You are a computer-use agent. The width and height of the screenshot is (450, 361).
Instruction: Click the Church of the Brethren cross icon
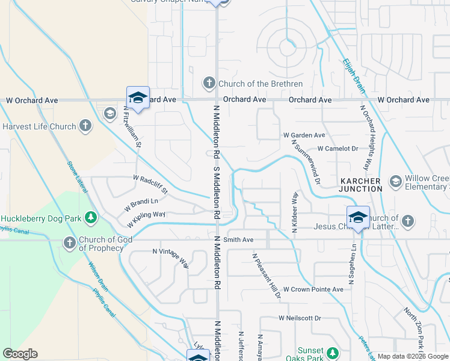(x=209, y=83)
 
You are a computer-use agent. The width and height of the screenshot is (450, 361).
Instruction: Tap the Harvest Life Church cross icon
(x=85, y=126)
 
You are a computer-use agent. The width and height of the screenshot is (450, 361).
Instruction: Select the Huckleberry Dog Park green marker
(x=90, y=218)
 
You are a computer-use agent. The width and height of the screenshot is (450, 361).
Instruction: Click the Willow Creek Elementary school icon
(x=395, y=181)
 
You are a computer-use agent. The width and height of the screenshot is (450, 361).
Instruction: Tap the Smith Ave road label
(x=239, y=239)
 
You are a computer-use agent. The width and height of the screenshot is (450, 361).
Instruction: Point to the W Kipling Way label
(x=146, y=218)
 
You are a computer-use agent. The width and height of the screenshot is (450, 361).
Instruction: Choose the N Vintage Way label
(x=171, y=258)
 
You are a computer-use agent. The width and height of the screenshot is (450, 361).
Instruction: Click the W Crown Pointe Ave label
(x=313, y=289)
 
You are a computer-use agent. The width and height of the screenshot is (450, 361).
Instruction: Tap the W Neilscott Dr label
(x=300, y=318)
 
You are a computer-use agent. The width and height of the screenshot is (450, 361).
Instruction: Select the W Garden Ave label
(x=304, y=135)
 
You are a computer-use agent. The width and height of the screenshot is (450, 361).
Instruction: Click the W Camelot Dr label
(x=337, y=148)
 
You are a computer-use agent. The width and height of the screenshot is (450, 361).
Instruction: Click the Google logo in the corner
(x=20, y=354)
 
